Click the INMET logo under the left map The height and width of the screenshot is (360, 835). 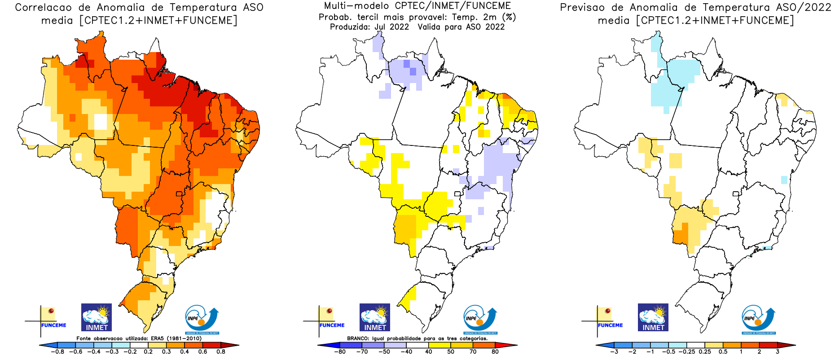[97, 317]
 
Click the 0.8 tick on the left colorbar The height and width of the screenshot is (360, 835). [220, 351]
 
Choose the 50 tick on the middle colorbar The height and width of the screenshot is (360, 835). [450, 351]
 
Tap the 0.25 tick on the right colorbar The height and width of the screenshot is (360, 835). [705, 351]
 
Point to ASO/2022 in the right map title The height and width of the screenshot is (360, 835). [804, 8]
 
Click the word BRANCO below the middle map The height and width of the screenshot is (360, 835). [358, 338]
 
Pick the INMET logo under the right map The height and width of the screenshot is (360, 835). [653, 317]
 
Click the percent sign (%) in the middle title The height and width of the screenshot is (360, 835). [509, 17]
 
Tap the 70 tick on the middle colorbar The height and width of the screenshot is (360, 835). [473, 351]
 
